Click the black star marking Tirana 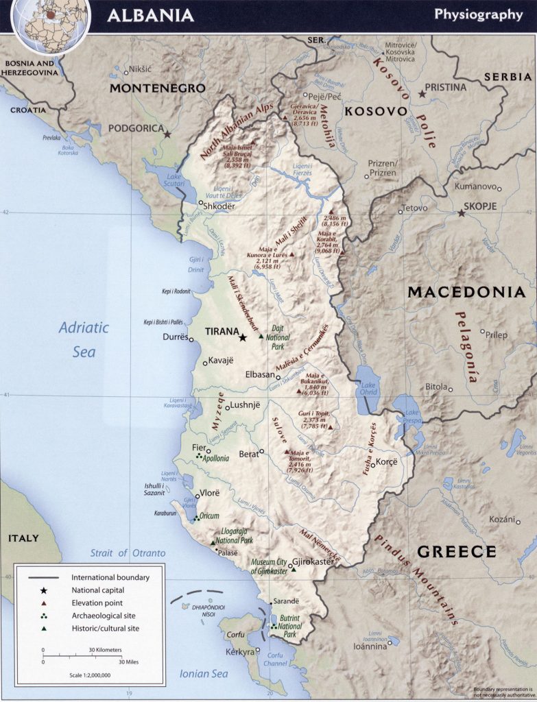242,337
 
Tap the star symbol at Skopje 462,214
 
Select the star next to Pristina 421,93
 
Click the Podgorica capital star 167,134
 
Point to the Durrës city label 175,337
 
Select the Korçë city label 384,463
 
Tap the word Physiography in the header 478,15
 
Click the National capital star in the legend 43,590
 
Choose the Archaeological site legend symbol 43,616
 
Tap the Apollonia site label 215,457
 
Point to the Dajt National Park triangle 260,336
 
